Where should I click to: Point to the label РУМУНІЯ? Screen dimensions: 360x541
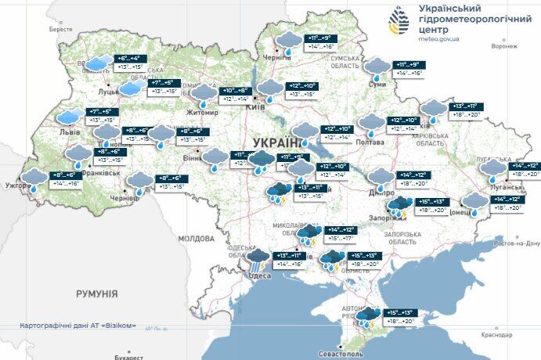[x=96, y=294]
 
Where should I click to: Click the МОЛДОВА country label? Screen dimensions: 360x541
[x=195, y=238]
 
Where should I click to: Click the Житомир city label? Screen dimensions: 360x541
[x=201, y=112]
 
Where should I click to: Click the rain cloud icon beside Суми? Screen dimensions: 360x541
[x=379, y=68]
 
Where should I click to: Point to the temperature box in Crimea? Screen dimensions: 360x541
[x=399, y=316]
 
